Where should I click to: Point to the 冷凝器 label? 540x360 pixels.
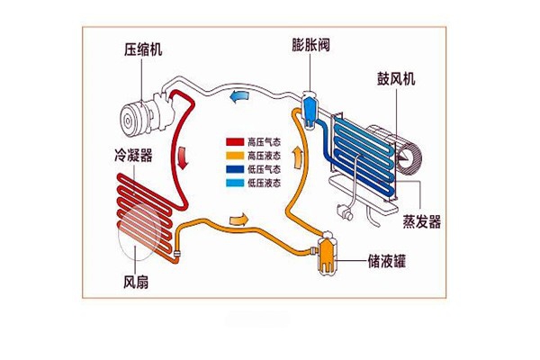[132, 156]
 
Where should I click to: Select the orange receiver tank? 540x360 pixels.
[326, 254]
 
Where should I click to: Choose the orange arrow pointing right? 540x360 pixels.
[239, 220]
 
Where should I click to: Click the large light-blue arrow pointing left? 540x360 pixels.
[239, 96]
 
